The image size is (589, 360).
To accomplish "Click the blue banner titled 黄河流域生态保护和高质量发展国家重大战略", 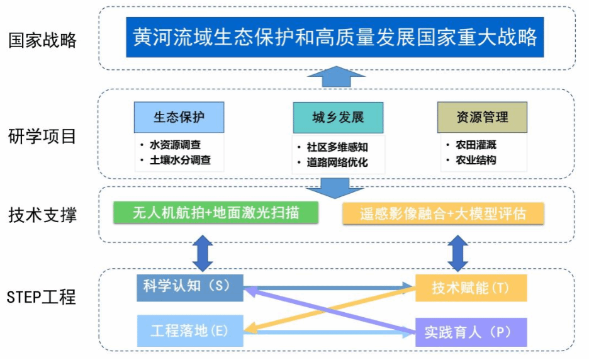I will [x=335, y=37].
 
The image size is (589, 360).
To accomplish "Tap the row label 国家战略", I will [x=43, y=40].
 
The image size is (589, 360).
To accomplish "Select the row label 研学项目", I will [x=43, y=136].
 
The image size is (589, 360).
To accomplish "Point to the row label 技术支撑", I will [x=43, y=215].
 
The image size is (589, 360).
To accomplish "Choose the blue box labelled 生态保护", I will [x=179, y=117].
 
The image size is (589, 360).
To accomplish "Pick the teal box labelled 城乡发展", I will [x=338, y=118].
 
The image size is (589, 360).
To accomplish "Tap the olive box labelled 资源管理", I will [x=482, y=117].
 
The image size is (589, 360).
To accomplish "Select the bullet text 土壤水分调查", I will [x=179, y=160].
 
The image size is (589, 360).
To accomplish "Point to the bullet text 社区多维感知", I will [x=337, y=147].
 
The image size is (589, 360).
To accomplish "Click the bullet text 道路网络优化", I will [x=337, y=162].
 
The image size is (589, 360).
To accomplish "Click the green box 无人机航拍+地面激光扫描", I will [x=215, y=213].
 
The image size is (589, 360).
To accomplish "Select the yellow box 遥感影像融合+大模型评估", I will [x=443, y=213].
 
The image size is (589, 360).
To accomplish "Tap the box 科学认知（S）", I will [x=190, y=287].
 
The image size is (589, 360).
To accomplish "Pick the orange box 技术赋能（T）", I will [x=471, y=288].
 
